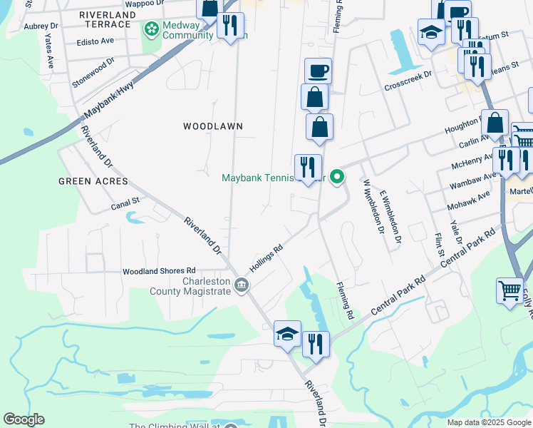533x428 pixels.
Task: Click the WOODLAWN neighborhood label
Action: coord(213,126)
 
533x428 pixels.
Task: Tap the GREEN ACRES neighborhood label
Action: coord(93,181)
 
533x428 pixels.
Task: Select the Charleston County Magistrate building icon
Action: coord(242,286)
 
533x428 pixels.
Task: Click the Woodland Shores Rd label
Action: coord(158,271)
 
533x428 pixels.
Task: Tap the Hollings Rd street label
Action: coord(266,258)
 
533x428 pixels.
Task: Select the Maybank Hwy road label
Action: coord(108,99)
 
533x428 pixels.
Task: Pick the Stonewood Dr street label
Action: coord(93,74)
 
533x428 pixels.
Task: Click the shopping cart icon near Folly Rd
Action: coord(509,290)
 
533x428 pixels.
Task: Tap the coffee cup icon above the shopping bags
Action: coord(318,71)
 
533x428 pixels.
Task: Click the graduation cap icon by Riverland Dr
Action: coord(287,333)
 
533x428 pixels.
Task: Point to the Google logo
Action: coord(24,419)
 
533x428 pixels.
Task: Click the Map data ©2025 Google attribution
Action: coord(490,422)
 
